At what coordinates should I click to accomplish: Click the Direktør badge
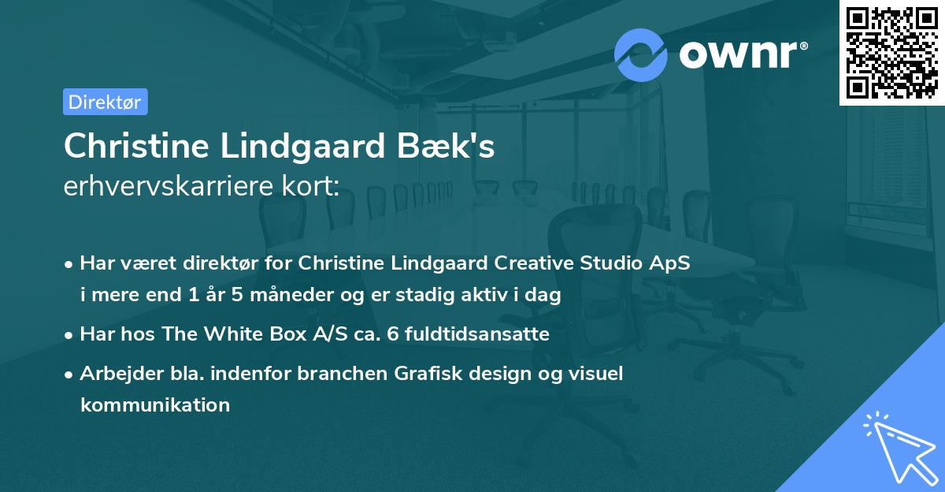pos(105,102)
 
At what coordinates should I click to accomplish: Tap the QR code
pos(891,53)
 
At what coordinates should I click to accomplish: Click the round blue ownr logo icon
pos(641,54)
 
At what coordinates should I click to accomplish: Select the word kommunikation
pos(154,405)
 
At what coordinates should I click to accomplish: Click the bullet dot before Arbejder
pos(69,374)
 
